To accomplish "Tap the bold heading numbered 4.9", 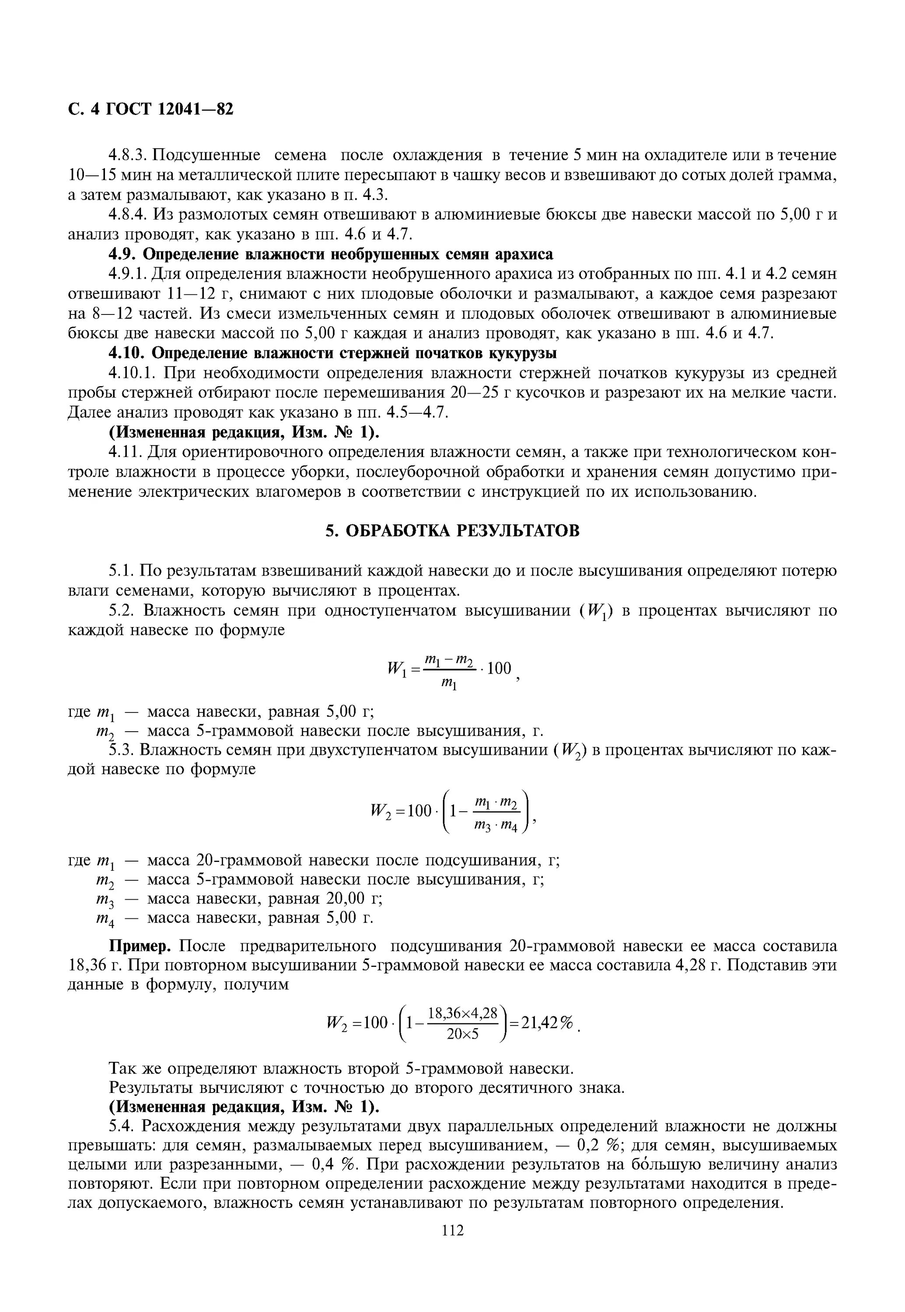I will (x=331, y=254).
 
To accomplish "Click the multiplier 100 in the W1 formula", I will (x=499, y=669).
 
